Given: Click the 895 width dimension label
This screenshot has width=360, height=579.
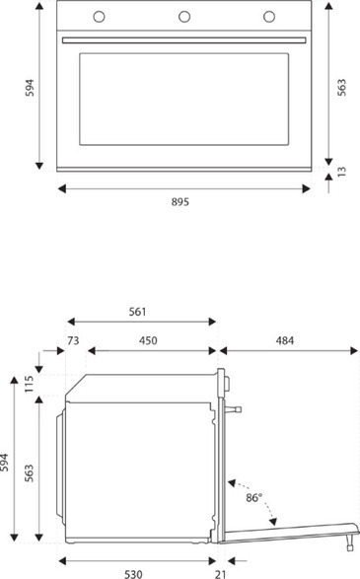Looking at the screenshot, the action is [180, 202].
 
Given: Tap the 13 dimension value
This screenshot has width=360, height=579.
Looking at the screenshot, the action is [341, 172].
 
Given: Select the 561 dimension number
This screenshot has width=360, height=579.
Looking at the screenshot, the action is [138, 312].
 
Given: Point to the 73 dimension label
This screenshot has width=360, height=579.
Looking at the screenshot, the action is [73, 340].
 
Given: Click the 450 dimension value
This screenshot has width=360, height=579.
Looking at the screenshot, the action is [148, 340].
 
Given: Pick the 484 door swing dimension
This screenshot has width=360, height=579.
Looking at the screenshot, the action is [285, 340].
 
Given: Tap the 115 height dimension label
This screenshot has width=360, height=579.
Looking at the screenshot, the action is [30, 384].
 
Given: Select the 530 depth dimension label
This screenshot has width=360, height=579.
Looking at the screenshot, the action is [133, 574].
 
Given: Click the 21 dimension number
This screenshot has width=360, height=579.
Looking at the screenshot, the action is [220, 574].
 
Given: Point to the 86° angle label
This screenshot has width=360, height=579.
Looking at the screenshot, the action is [254, 497].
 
